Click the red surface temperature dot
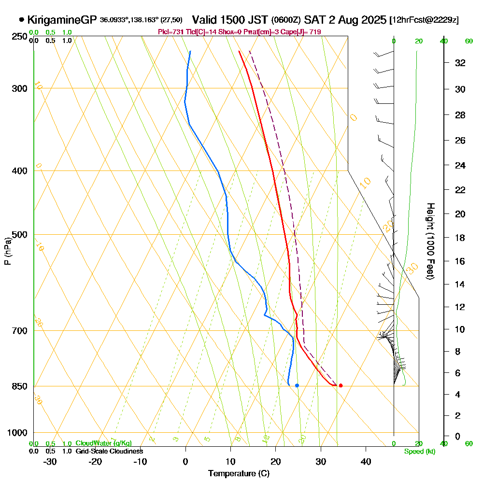pyautogui.click(x=341, y=385)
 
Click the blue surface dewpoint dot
pyautogui.click(x=297, y=385)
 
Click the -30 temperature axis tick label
pyautogui.click(x=50, y=461)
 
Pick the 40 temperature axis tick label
pyautogui.click(x=366, y=461)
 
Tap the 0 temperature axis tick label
pyautogui.click(x=185, y=461)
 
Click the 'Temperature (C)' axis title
pyautogui.click(x=239, y=474)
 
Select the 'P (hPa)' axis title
pyautogui.click(x=7, y=251)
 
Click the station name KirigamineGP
pyautogui.click(x=62, y=20)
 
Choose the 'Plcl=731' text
pyautogui.click(x=171, y=32)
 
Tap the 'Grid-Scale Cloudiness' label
pyautogui.click(x=109, y=451)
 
